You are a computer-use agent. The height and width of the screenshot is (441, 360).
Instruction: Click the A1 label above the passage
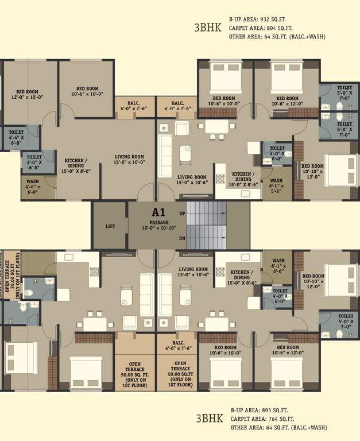pyautogui.click(x=158, y=212)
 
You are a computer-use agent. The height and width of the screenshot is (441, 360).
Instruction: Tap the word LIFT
pyautogui.click(x=110, y=226)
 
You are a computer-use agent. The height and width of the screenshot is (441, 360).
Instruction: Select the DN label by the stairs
pyautogui.click(x=181, y=238)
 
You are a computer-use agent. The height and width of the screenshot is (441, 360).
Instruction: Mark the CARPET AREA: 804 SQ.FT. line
pyautogui.click(x=261, y=28)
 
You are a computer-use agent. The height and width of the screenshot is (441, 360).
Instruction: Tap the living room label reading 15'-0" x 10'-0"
pyautogui.click(x=129, y=159)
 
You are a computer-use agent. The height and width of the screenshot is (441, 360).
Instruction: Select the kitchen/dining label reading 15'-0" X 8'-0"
pyautogui.click(x=76, y=165)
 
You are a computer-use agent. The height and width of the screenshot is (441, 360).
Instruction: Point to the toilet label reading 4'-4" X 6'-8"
pyautogui.click(x=17, y=135)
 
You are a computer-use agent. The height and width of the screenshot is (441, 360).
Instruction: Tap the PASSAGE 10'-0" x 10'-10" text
pyautogui.click(x=158, y=225)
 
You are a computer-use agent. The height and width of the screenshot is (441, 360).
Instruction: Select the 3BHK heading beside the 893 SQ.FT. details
pyautogui.click(x=209, y=418)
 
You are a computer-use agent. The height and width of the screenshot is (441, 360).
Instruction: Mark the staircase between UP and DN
pyautogui.click(x=206, y=226)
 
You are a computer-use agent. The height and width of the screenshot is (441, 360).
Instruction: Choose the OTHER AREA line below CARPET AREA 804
pyautogui.click(x=277, y=37)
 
